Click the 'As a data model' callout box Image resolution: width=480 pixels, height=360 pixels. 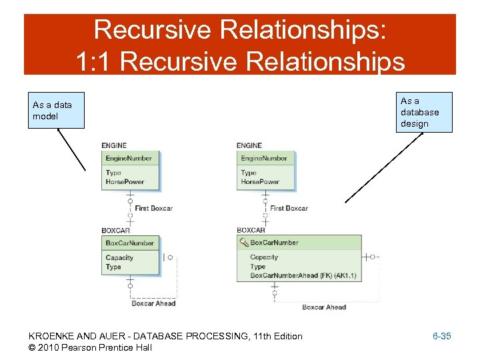click(x=56, y=110)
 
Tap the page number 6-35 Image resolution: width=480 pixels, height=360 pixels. click(x=441, y=336)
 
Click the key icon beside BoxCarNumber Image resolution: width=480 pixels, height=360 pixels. click(x=243, y=243)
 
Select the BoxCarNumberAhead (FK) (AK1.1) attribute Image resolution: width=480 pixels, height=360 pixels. click(x=303, y=275)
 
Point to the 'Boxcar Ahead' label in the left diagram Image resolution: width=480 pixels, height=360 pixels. click(x=153, y=303)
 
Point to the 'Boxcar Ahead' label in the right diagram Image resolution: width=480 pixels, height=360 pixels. click(x=324, y=307)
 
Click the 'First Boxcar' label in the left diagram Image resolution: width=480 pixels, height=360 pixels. click(x=153, y=208)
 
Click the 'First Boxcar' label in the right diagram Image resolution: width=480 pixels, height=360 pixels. click(x=289, y=208)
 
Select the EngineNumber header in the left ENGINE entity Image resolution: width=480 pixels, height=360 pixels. click(x=129, y=159)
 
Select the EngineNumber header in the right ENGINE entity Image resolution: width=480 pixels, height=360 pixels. click(x=265, y=159)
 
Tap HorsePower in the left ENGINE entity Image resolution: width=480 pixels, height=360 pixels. click(x=125, y=181)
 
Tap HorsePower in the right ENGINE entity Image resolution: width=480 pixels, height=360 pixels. click(x=260, y=181)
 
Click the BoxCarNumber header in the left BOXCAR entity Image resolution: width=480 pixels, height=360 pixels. click(x=130, y=243)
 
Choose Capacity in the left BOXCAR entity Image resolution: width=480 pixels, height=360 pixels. click(x=119, y=257)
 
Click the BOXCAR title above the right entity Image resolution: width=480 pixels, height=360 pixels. click(x=251, y=230)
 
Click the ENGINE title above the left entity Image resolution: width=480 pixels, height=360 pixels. click(x=114, y=145)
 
